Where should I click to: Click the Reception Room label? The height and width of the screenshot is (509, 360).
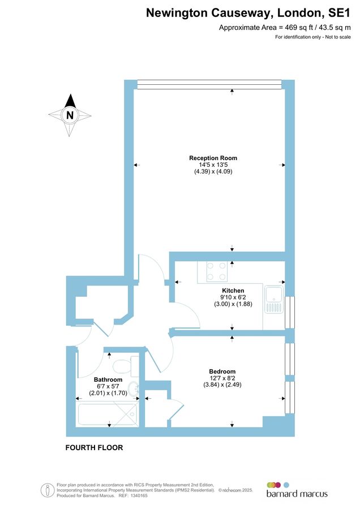click(x=213, y=158)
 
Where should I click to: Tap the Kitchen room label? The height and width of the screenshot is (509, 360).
click(x=233, y=290)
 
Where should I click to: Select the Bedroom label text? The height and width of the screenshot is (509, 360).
click(x=222, y=372)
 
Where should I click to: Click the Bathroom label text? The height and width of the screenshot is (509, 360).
click(x=108, y=379)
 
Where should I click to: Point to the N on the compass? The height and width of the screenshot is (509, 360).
click(x=70, y=115)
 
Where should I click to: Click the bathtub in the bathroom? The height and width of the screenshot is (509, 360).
click(x=108, y=415)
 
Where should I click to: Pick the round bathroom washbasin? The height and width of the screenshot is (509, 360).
click(x=134, y=389)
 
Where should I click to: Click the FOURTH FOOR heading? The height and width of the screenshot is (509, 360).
click(x=94, y=447)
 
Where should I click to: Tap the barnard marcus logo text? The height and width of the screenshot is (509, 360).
click(x=297, y=494)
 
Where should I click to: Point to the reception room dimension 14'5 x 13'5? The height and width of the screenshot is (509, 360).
click(x=213, y=165)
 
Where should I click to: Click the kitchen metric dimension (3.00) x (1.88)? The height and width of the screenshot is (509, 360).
click(x=233, y=304)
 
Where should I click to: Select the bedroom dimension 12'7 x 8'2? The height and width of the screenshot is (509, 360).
click(x=222, y=378)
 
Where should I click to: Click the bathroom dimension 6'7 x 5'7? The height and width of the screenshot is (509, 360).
click(x=108, y=386)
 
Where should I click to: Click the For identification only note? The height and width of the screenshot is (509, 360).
click(x=313, y=37)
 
